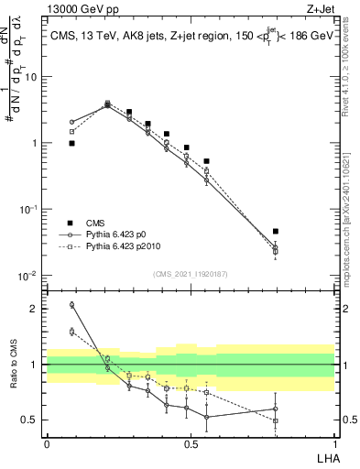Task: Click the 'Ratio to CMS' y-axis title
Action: (14, 365)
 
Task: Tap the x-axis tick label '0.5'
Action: (191, 443)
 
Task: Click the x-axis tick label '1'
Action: (333, 443)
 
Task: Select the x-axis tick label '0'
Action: (47, 443)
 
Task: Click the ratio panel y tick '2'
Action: (34, 309)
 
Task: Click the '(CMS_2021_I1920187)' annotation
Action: (189, 273)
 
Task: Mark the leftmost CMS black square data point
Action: (71, 143)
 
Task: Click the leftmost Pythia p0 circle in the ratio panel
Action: (71, 304)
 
